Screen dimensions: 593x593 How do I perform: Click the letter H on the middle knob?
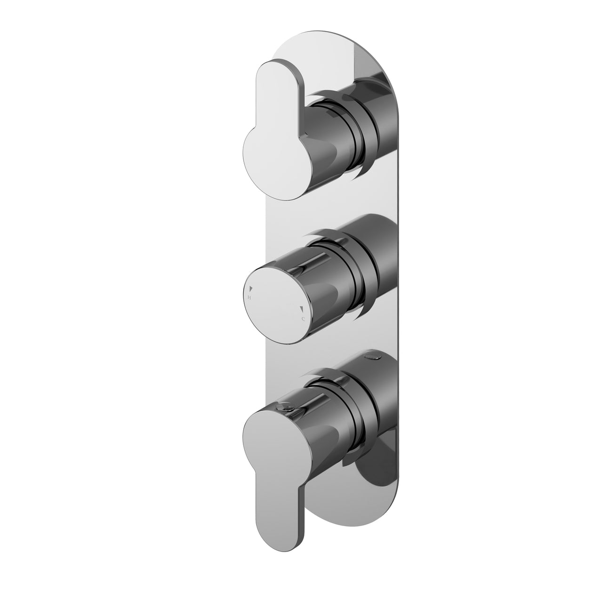click(249, 298)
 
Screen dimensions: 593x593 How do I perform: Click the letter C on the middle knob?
click(303, 320)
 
